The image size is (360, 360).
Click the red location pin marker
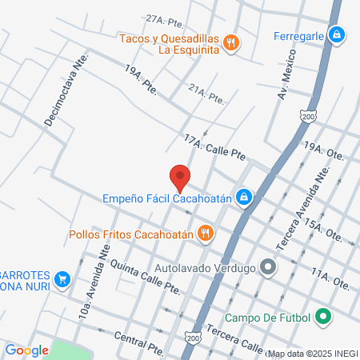(181, 176)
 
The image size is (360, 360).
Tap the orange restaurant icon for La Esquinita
(231, 43)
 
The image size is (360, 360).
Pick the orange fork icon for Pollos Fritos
(206, 234)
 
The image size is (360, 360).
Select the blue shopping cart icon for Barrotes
(62, 279)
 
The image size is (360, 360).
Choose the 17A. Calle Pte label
(214, 147)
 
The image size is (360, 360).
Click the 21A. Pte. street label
(207, 97)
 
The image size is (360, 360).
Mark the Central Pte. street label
(138, 339)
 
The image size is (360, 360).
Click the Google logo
(26, 350)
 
